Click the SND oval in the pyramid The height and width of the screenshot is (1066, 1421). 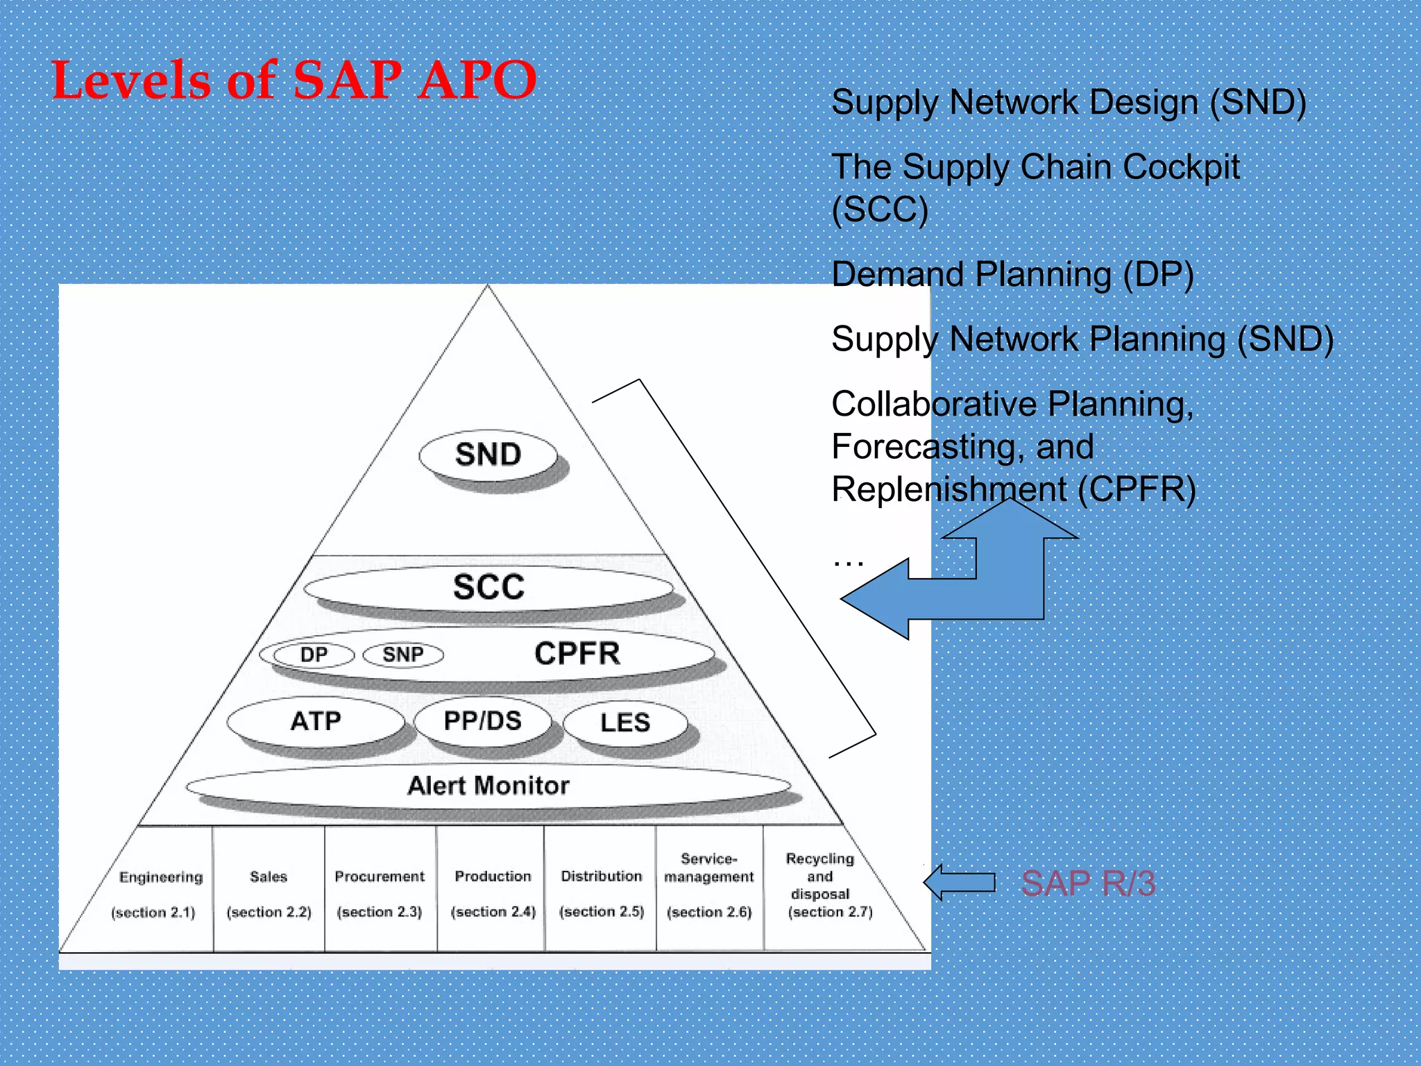pyautogui.click(x=488, y=455)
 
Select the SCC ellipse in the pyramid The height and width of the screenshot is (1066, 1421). pyautogui.click(x=488, y=587)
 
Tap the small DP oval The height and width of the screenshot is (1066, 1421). pyautogui.click(x=314, y=654)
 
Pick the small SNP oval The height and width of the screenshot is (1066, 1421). pyautogui.click(x=403, y=654)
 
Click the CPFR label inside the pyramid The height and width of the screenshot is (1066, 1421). pyautogui.click(x=577, y=654)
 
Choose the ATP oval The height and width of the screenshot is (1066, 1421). pyautogui.click(x=316, y=722)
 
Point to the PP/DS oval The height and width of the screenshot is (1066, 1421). pyautogui.click(x=482, y=722)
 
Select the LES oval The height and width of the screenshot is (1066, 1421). pyautogui.click(x=625, y=723)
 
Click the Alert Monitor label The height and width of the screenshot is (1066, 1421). pyautogui.click(x=488, y=786)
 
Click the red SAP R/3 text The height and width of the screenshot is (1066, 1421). pyautogui.click(x=1087, y=883)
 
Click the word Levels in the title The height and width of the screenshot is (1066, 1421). pyautogui.click(x=130, y=81)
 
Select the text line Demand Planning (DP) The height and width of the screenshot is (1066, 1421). pyautogui.click(x=1012, y=275)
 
